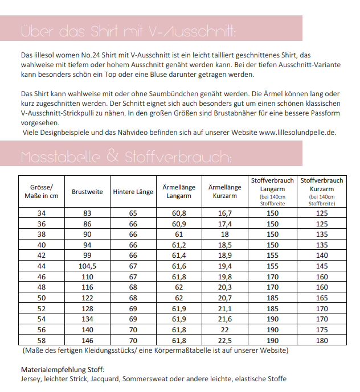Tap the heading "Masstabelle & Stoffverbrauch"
[126, 156]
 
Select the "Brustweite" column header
[87, 192]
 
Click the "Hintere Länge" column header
[133, 192]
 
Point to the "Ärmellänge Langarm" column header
[179, 192]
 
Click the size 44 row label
[40, 266]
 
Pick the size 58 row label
[40, 341]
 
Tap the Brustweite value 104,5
[87, 266]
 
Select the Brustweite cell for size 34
[87, 213]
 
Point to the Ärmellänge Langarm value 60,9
[179, 224]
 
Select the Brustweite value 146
[87, 341]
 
